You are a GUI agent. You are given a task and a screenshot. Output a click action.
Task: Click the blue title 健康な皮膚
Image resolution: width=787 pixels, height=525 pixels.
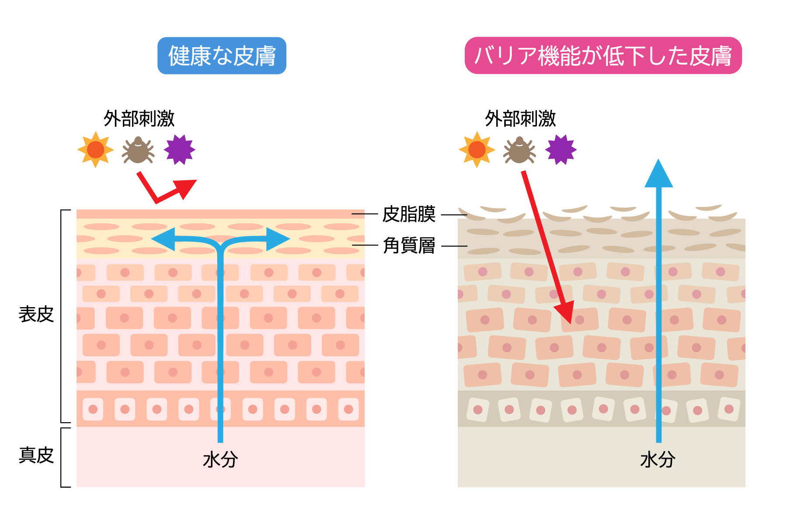point(222,56)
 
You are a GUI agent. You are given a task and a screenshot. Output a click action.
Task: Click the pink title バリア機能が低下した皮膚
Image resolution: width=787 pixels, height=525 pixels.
point(603,56)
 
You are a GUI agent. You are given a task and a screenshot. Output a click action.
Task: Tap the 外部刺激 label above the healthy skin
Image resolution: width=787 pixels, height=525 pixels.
point(139,119)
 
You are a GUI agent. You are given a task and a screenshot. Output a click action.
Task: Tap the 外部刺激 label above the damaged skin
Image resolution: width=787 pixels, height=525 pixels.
point(520,119)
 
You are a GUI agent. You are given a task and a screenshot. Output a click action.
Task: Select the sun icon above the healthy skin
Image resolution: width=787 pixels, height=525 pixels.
point(95,150)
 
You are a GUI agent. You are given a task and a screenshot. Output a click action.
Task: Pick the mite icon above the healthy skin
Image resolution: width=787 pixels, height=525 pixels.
point(138,150)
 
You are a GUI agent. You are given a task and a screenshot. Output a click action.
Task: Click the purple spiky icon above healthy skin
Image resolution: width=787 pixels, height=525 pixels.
point(179,150)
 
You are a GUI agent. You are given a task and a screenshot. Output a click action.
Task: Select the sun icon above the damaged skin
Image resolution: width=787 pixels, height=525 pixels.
point(477,150)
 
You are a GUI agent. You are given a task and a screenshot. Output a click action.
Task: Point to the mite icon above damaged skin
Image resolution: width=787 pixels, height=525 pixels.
point(519,150)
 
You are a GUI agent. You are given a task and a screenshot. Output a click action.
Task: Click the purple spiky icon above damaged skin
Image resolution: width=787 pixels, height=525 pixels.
point(561,150)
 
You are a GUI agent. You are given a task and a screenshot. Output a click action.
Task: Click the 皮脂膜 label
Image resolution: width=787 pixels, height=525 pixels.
point(409,214)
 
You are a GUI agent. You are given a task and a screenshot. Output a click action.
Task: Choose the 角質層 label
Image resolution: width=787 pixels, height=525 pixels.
point(409,246)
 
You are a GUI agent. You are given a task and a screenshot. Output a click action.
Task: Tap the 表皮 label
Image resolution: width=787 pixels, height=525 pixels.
point(36,314)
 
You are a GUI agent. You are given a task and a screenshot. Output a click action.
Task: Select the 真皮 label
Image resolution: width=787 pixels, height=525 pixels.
point(36,455)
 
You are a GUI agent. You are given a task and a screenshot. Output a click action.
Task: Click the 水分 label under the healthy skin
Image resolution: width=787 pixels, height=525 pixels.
point(220,460)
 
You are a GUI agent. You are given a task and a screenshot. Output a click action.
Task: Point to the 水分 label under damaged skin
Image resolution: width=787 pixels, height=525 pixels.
point(658,460)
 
